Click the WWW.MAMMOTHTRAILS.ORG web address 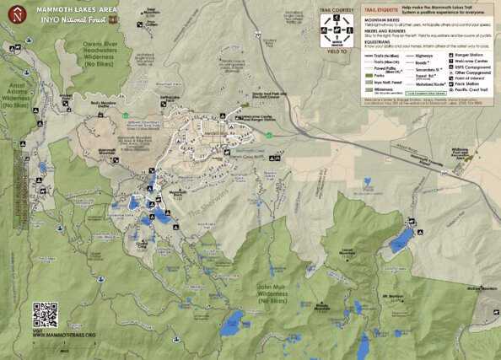coord(65,335)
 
